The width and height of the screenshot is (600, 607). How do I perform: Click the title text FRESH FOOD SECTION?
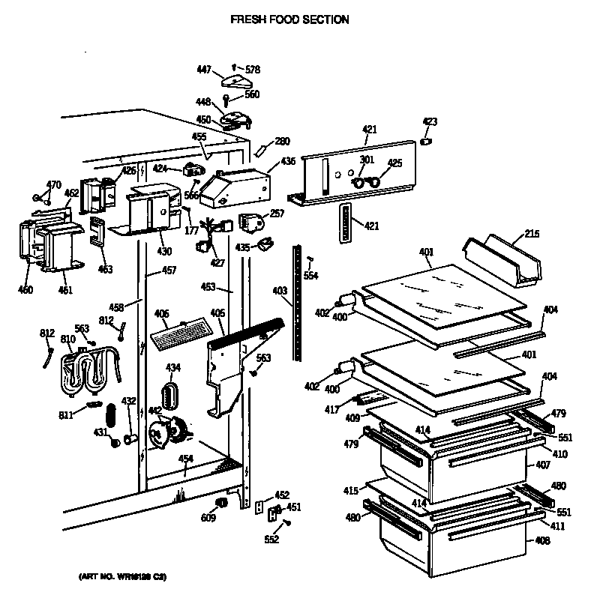pos(289,19)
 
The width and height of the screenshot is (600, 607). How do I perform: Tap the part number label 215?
pos(531,235)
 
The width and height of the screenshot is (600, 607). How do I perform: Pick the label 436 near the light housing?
pos(288,161)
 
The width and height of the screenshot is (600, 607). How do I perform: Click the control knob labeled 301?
pos(360,181)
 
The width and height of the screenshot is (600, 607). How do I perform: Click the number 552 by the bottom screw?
pos(271,540)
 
